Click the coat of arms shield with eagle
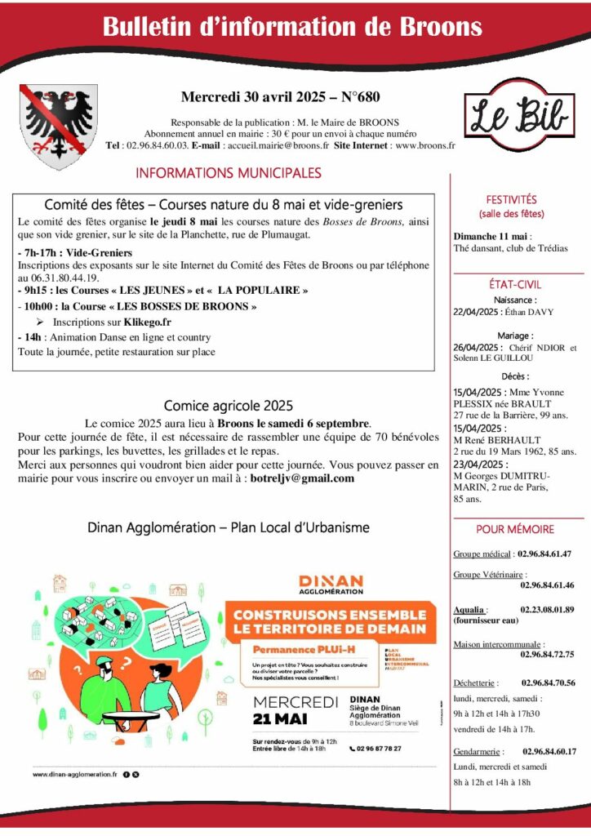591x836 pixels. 57,127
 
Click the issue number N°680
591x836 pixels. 358,96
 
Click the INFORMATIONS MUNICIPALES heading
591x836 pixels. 229,173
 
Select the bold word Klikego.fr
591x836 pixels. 144,322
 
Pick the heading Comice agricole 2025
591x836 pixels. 228,405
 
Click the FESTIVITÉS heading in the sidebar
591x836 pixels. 512,198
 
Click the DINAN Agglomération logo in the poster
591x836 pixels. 331,584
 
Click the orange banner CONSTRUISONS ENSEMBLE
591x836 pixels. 329,621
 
